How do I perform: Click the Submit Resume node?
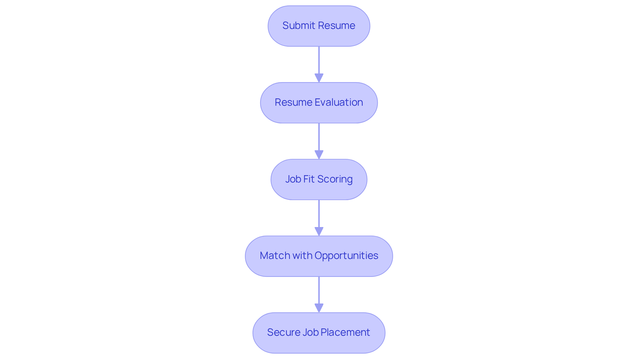(x=319, y=26)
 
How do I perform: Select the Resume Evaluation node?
(x=319, y=103)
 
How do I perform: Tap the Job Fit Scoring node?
(x=319, y=180)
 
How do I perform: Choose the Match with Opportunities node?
(x=319, y=256)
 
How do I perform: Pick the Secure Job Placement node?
(x=319, y=333)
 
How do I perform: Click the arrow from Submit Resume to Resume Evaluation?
(x=319, y=61)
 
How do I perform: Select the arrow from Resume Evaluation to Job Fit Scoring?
(x=319, y=138)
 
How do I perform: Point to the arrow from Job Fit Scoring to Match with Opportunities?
(x=319, y=215)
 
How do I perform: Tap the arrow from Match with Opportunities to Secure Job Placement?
(x=319, y=292)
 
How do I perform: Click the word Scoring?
(x=335, y=180)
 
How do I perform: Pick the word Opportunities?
(x=346, y=256)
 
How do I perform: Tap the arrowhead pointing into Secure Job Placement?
(x=319, y=308)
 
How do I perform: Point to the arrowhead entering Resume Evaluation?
(x=319, y=78)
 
